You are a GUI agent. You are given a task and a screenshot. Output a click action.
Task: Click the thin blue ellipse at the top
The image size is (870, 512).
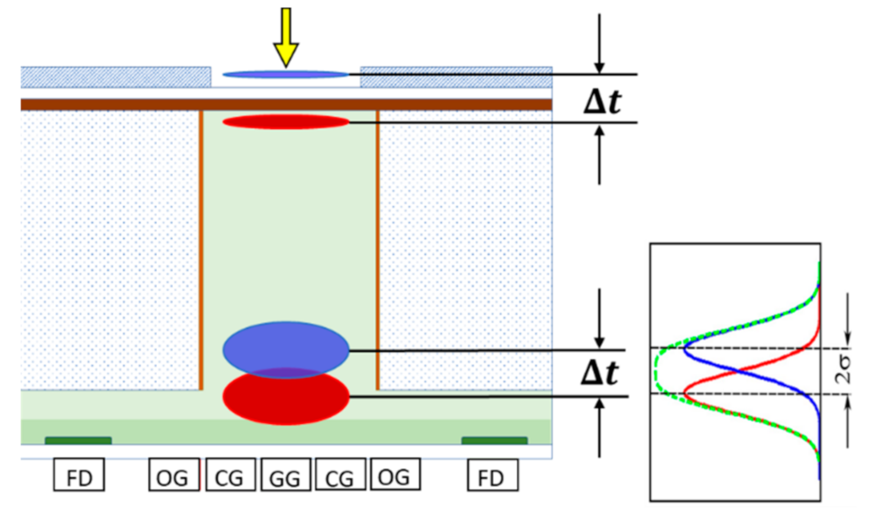pyautogui.click(x=286, y=74)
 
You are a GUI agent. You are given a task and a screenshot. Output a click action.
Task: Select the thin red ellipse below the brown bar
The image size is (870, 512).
pyautogui.click(x=286, y=122)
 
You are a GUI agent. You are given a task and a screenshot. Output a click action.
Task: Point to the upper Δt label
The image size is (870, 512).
pyautogui.click(x=602, y=102)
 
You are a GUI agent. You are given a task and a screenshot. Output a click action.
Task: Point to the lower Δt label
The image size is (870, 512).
pyautogui.click(x=599, y=373)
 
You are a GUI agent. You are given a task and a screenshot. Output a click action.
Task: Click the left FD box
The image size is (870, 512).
pyautogui.click(x=79, y=475)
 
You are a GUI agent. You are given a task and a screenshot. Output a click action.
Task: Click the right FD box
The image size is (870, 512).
pyautogui.click(x=493, y=475)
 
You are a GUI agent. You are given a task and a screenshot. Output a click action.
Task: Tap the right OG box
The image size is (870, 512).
pyautogui.click(x=395, y=475)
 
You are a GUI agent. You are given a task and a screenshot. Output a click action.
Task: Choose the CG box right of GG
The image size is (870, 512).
pyautogui.click(x=340, y=475)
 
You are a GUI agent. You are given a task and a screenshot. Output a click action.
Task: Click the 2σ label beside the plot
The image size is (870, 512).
pyautogui.click(x=844, y=370)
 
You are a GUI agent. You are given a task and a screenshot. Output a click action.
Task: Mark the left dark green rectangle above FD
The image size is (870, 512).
pyautogui.click(x=78, y=441)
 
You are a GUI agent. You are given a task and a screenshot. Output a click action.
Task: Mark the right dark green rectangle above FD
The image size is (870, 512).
pyautogui.click(x=494, y=441)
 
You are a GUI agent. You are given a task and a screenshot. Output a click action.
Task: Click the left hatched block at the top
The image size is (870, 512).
pyautogui.click(x=116, y=77)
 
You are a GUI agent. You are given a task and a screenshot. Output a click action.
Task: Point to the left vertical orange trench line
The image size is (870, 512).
pyautogui.click(x=201, y=248)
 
